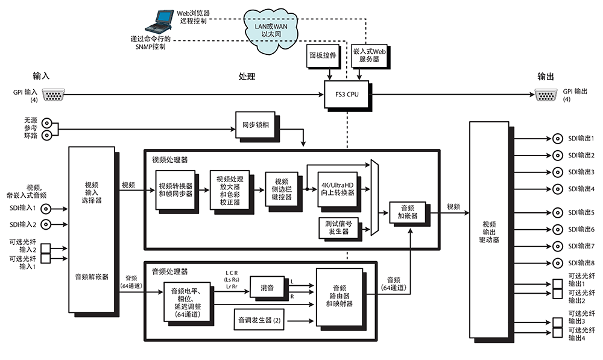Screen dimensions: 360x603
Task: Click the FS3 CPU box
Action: (x=348, y=94)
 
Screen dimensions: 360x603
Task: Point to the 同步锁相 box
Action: (x=254, y=125)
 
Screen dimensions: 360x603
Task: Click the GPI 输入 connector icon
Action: (x=54, y=95)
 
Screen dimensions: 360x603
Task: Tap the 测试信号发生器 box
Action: (x=339, y=227)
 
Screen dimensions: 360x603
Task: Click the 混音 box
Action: (x=267, y=288)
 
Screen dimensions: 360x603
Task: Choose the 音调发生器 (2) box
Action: (x=260, y=320)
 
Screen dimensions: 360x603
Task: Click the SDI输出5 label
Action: (x=581, y=212)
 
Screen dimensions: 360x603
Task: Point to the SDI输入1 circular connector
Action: (x=45, y=209)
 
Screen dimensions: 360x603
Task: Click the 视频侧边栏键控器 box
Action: (x=282, y=189)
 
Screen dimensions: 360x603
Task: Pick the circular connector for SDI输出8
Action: (x=555, y=262)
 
